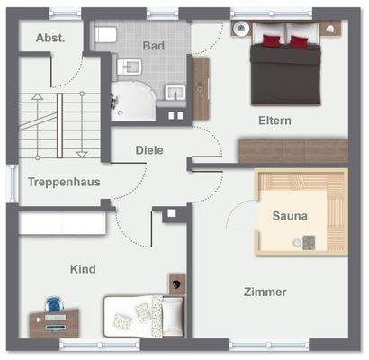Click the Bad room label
click(x=153, y=44)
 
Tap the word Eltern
click(x=275, y=121)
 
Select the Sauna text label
click(x=290, y=216)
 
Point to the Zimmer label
click(x=265, y=292)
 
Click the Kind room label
click(x=83, y=268)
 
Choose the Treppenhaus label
click(x=63, y=182)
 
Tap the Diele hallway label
click(x=149, y=150)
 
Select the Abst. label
click(x=49, y=38)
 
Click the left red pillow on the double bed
click(x=270, y=40)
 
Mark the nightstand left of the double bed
click(x=240, y=29)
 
